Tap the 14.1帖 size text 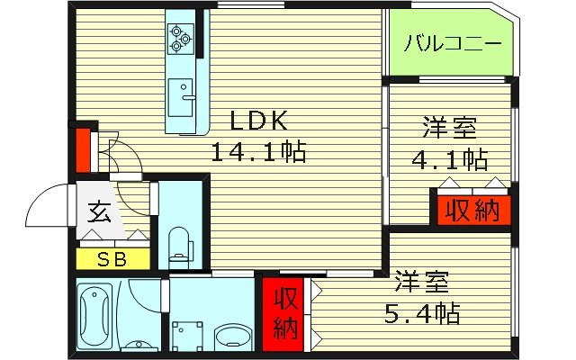click(258, 150)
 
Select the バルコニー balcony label click(451, 42)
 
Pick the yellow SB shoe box click(112, 260)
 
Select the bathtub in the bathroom click(96, 311)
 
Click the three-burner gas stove click(179, 36)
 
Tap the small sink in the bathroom click(138, 346)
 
